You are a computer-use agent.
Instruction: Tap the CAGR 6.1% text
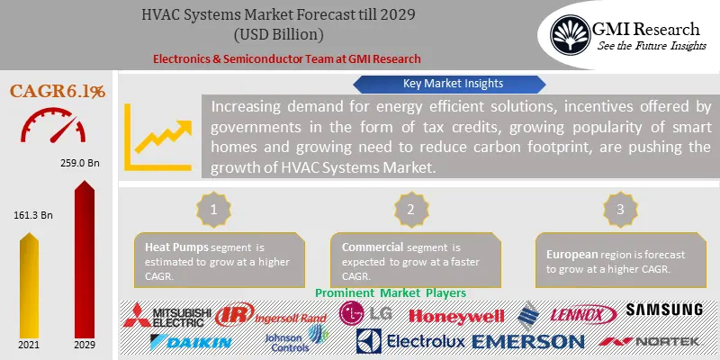(x=58, y=91)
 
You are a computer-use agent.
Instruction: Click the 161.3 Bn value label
(x=32, y=216)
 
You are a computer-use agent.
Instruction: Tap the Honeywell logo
(x=456, y=315)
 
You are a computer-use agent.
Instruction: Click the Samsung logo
(x=664, y=310)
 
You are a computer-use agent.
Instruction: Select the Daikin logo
(x=191, y=342)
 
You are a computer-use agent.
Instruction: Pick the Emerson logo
(x=528, y=342)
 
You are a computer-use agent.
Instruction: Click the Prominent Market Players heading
(x=391, y=293)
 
